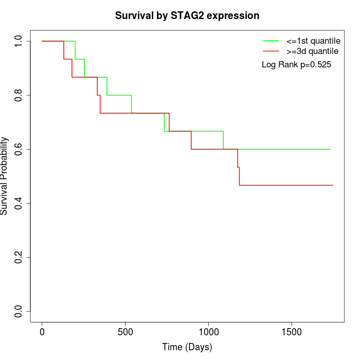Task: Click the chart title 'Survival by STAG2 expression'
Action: (x=187, y=15)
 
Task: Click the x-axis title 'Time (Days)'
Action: (x=187, y=347)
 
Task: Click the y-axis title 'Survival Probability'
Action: (x=5, y=176)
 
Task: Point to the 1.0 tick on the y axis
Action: (x=19, y=41)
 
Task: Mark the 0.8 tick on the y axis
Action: (x=19, y=95)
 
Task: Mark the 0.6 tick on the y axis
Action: (x=19, y=149)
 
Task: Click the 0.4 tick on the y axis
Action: (x=19, y=203)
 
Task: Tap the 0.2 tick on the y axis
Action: (x=19, y=257)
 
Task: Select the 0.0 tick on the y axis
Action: (x=19, y=311)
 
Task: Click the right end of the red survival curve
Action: (x=333, y=185)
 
